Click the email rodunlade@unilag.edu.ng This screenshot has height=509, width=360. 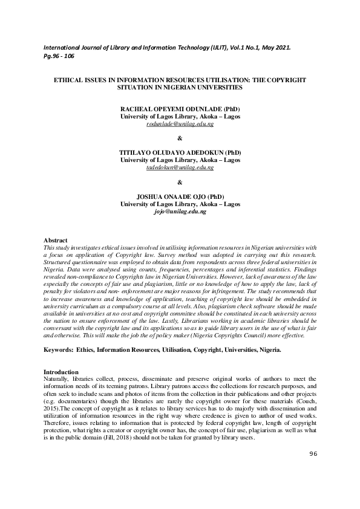tap(180, 123)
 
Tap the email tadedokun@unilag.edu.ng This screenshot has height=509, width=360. tap(180, 167)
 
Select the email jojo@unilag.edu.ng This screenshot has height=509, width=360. tap(180, 212)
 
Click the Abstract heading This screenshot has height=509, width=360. tap(56, 241)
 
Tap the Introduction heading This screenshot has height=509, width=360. tap(61, 371)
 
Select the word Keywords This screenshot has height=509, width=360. tap(60, 350)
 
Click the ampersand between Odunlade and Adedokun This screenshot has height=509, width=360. tap(180, 138)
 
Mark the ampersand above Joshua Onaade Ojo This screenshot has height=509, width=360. tap(180, 182)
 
